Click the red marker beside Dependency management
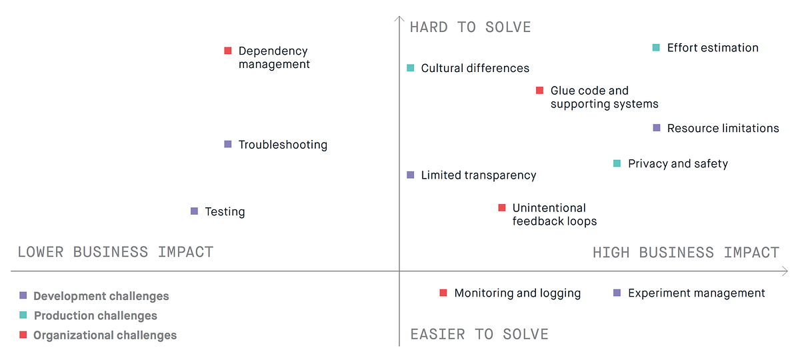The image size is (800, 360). tap(227, 51)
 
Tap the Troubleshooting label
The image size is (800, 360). tap(283, 145)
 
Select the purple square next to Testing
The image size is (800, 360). tap(194, 211)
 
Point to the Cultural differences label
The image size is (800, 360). tap(475, 68)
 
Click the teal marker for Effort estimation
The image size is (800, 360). tap(656, 47)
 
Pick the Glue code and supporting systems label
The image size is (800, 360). tap(604, 97)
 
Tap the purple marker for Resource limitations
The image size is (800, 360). tap(657, 128)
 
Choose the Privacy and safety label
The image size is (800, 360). tap(677, 164)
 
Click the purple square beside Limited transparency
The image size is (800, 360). tap(411, 175)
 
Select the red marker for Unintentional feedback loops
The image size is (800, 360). tap(502, 208)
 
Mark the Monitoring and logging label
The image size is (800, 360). tap(517, 293)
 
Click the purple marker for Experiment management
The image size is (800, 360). tap(617, 293)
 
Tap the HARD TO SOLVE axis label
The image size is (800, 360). tap(470, 27)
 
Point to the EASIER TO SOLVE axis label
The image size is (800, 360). tap(479, 334)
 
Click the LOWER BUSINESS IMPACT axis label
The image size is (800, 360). tap(115, 252)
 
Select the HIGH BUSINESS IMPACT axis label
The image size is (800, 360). tap(685, 253)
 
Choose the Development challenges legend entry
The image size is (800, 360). tap(101, 296)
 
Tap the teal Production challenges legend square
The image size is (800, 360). tap(23, 315)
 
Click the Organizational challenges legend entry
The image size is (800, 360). tap(105, 335)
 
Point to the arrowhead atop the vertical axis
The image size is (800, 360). tap(399, 18)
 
